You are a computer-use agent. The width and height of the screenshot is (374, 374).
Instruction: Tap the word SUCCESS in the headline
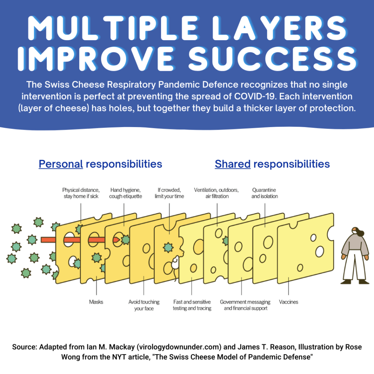[273, 59]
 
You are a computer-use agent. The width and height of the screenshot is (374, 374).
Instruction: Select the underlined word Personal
[61, 164]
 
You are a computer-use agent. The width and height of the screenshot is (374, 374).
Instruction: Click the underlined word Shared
[233, 164]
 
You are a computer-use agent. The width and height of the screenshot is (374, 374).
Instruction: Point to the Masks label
[96, 302]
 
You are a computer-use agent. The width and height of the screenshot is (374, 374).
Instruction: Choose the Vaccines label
[289, 302]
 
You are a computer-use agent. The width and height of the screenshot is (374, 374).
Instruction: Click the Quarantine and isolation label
[264, 193]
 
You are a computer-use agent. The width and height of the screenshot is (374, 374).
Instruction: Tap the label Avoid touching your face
[144, 305]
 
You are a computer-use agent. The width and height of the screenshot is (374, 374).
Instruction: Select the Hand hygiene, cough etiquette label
[126, 193]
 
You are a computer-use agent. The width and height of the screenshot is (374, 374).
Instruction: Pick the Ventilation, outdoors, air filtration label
[216, 193]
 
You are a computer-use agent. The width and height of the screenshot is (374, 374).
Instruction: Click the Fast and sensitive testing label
[192, 305]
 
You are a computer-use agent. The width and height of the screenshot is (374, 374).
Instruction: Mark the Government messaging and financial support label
[245, 305]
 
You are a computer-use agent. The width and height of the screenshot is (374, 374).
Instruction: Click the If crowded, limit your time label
[169, 193]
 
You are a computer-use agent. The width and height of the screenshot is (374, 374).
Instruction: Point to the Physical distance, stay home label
[81, 193]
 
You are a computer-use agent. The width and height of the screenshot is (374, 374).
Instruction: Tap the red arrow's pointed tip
[119, 240]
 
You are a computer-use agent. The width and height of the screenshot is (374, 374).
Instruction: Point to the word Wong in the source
[70, 357]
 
